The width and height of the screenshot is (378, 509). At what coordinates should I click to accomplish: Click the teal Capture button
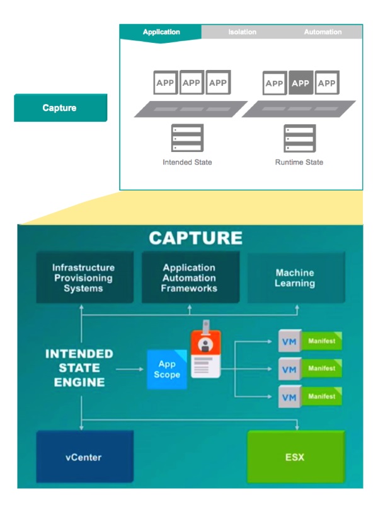pos(60,108)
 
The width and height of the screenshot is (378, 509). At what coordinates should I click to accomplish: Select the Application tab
pos(161,32)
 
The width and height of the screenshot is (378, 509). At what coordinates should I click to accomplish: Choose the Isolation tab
pos(242,32)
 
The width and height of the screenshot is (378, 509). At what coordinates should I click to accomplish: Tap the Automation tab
pos(323,32)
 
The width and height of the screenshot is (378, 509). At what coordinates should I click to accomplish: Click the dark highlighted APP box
pos(301,83)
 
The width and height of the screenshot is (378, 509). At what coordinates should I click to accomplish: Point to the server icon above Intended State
pos(187,138)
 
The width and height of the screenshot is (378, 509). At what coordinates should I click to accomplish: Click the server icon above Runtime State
pos(299,138)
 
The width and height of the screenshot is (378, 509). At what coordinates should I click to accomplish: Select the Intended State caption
pos(187,162)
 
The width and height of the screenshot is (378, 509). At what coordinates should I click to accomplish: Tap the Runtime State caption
pos(299,162)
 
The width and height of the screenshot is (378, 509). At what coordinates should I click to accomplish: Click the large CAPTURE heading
pos(195,238)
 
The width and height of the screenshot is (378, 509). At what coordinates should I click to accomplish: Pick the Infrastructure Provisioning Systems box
pos(84,278)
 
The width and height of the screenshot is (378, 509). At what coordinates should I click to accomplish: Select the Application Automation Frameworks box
pos(189,278)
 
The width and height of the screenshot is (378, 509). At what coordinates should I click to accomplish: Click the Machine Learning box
pos(295,278)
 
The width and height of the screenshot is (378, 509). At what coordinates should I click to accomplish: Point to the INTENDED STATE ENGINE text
pos(79,368)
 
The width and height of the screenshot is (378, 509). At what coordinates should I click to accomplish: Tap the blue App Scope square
pos(167,370)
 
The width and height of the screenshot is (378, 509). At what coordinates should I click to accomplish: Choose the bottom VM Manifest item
pos(309,396)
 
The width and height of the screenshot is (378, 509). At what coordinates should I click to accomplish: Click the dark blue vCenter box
pos(84,457)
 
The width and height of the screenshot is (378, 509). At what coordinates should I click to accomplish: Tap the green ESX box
pos(294,457)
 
